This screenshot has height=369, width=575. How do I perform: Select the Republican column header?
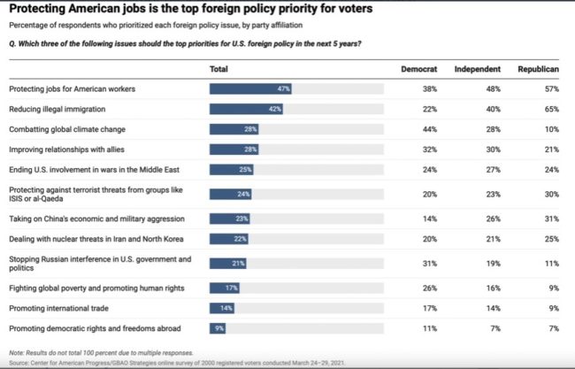point(539,68)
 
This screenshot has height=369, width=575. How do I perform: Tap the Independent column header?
point(478,68)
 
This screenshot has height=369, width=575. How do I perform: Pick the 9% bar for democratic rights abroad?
point(218,328)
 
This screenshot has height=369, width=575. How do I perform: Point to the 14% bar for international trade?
point(222,308)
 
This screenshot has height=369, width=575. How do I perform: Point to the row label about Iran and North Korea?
point(84,239)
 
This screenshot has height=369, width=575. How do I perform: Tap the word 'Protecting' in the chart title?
point(40,10)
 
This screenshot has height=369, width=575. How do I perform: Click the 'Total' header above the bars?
point(218,68)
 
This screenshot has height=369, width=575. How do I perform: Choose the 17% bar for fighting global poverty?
point(225,288)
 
